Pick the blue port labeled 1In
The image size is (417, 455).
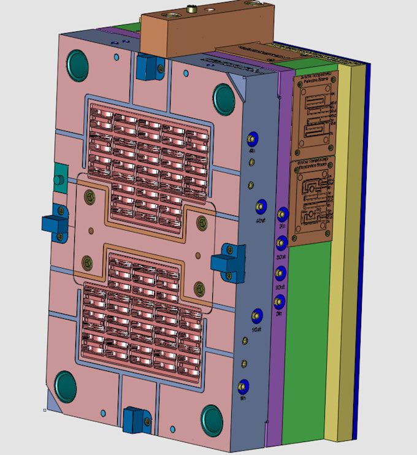click(243, 386)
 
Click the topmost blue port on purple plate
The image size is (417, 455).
click(282, 215)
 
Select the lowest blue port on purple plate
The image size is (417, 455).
click(280, 301)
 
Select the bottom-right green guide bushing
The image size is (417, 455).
click(213, 420)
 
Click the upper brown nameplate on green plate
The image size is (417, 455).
click(317, 113)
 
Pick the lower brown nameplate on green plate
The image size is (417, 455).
click(313, 200)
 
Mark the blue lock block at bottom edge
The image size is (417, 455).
click(133, 419)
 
